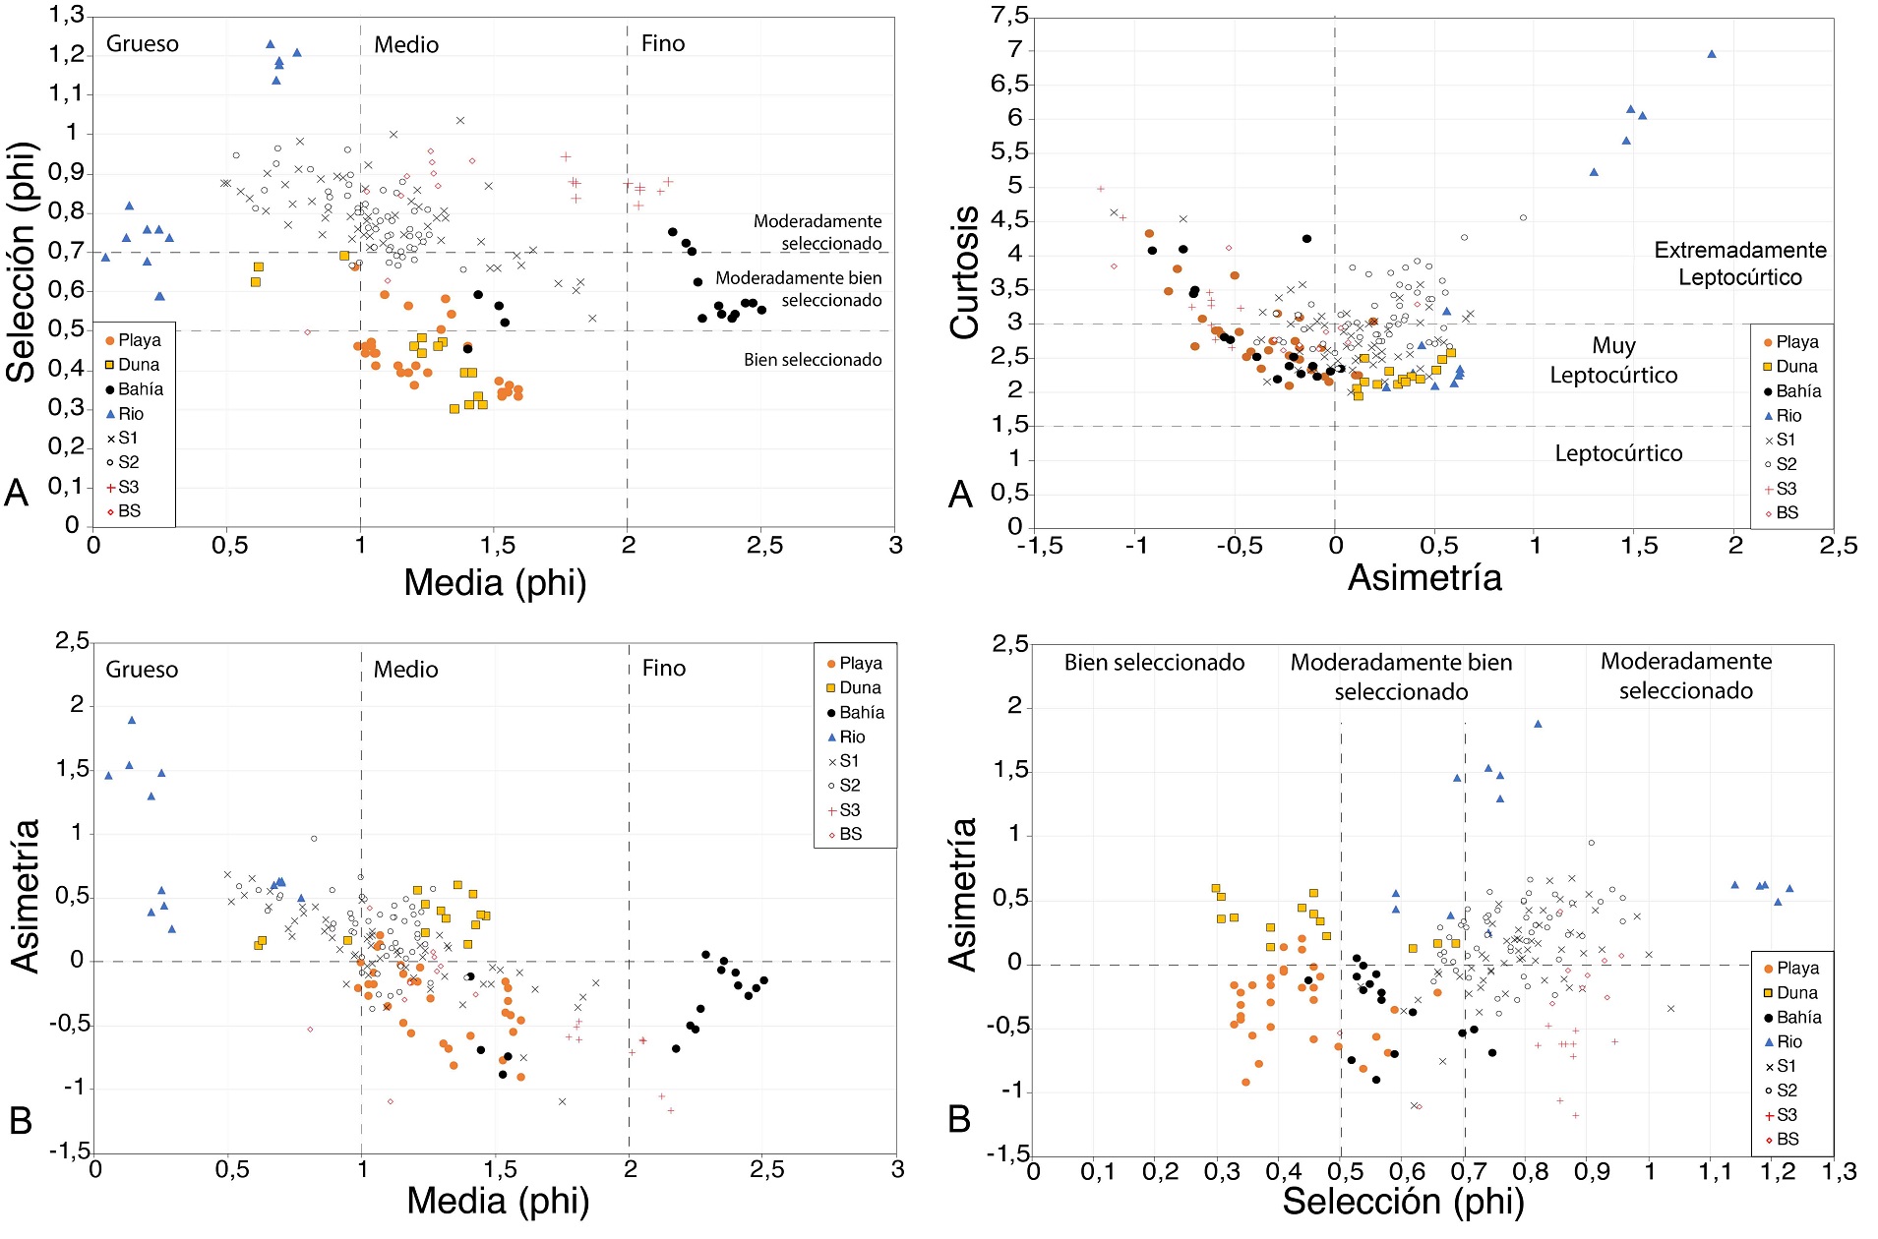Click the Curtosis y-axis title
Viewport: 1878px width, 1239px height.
964,272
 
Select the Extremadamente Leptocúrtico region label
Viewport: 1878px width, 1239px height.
1739,264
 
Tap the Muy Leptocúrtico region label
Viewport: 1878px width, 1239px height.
1613,360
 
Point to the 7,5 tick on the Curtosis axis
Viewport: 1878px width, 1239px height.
1009,16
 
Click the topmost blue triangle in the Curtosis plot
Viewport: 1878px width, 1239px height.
1712,54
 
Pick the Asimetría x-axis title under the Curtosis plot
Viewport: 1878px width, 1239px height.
1424,577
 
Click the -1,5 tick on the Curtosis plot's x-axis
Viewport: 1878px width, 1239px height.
1040,546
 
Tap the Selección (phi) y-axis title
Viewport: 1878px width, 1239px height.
22,263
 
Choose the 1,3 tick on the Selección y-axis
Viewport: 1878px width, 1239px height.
67,16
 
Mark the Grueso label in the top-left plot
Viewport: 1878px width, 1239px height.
143,44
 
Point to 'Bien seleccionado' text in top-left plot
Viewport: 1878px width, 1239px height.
813,360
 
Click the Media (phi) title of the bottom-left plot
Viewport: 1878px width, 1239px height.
498,1201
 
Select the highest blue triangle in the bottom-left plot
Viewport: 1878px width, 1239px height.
132,720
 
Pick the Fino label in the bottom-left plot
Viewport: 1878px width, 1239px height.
664,669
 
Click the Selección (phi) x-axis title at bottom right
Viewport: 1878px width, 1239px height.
1403,1201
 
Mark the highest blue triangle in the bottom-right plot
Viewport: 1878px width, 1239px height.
1538,724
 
